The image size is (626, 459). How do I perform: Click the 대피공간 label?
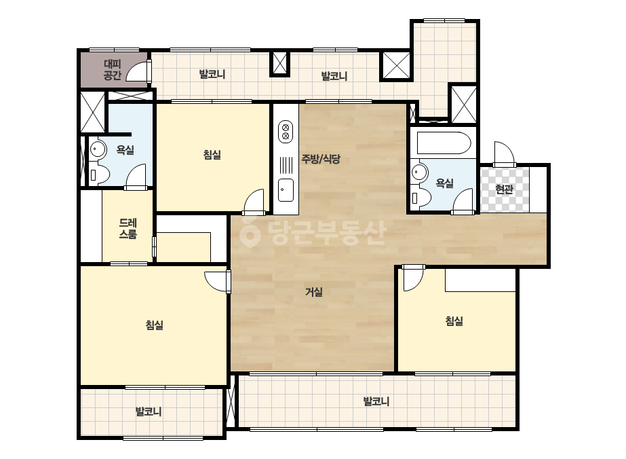click(x=112, y=69)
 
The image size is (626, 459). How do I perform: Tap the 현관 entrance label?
click(x=504, y=189)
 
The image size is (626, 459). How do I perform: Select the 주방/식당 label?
click(x=321, y=159)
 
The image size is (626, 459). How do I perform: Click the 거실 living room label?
click(x=314, y=292)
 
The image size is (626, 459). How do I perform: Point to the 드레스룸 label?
click(x=128, y=228)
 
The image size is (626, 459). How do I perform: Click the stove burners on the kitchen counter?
click(x=286, y=132)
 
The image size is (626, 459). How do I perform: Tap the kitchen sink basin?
click(x=286, y=190)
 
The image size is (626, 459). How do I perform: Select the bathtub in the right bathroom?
click(x=444, y=143)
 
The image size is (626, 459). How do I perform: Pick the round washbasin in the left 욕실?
click(x=98, y=149)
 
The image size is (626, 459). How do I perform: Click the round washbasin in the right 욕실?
click(x=420, y=172)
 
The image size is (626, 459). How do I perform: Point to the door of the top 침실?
click(x=254, y=201)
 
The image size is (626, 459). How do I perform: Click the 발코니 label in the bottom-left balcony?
click(x=149, y=411)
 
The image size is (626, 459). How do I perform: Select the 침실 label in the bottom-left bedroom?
click(x=155, y=325)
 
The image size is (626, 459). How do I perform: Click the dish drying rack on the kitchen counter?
click(x=286, y=165)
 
